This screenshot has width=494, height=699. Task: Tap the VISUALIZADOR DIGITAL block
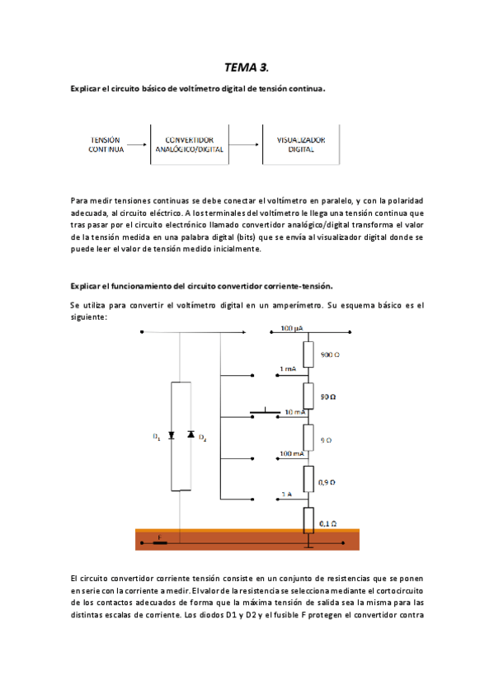[x=301, y=146]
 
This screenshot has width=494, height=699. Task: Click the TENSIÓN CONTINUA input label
[x=106, y=146]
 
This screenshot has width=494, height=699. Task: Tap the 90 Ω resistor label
[x=327, y=396]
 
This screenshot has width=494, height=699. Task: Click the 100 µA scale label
[x=291, y=329]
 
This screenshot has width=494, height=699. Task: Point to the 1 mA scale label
[x=288, y=368]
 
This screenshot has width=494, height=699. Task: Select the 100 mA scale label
[x=292, y=453]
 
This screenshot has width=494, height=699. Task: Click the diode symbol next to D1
[x=172, y=434]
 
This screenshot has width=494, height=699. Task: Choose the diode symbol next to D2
[x=189, y=434]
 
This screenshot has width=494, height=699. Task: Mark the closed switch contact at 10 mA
[x=266, y=411]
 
